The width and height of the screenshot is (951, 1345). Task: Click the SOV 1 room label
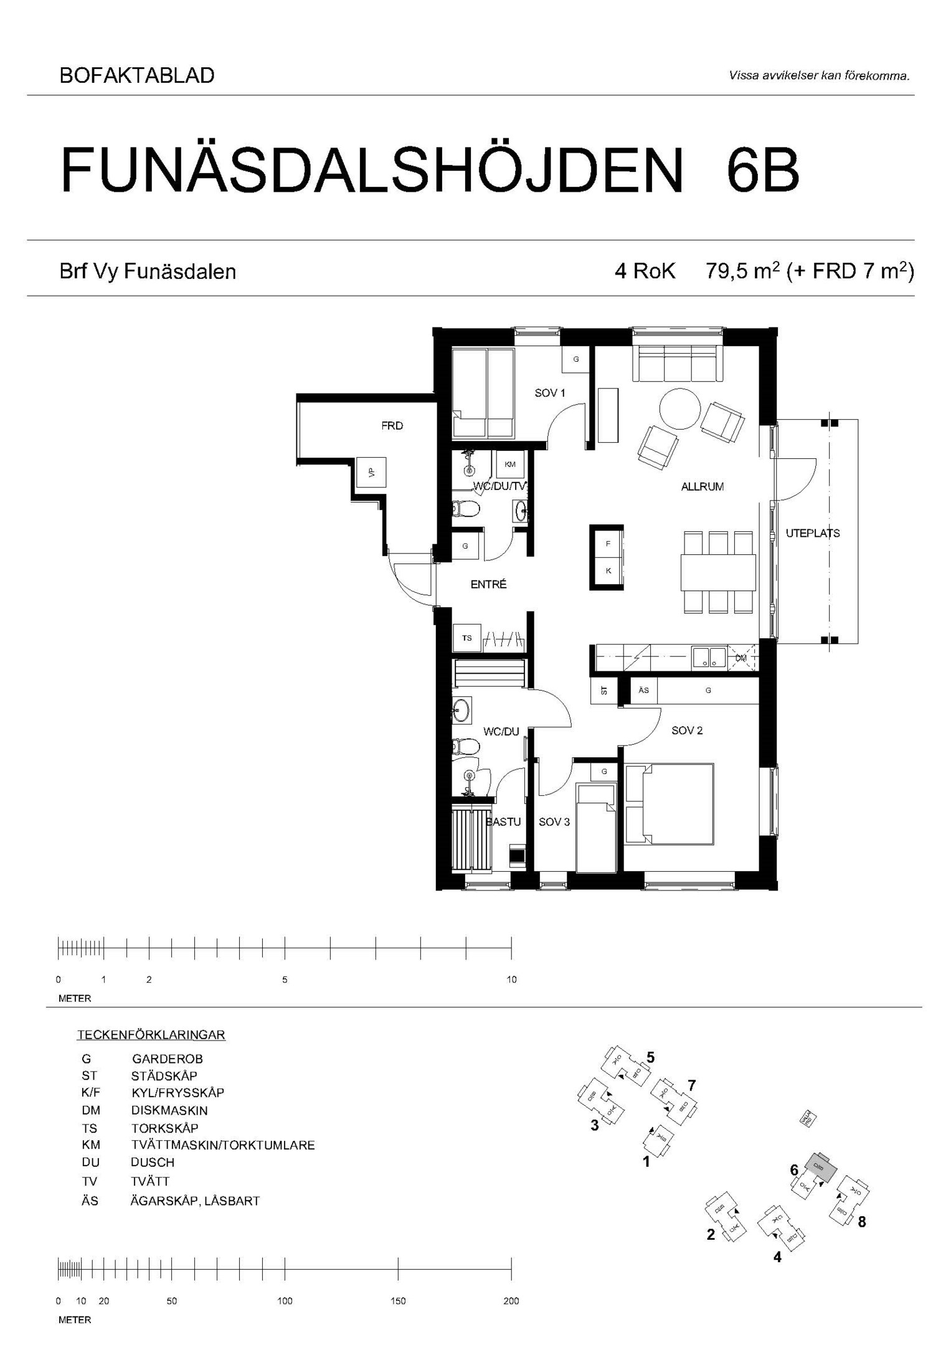click(549, 393)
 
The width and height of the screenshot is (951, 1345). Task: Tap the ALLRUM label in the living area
click(702, 487)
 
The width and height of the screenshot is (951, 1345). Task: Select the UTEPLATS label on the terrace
click(812, 533)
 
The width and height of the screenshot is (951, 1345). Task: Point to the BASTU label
click(503, 822)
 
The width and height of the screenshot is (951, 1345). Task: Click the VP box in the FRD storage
click(372, 473)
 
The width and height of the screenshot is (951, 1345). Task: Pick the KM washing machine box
click(510, 465)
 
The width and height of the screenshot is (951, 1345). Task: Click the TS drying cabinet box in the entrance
click(466, 638)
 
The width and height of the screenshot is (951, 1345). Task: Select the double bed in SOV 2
click(669, 804)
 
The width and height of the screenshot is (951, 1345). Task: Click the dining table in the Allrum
click(718, 572)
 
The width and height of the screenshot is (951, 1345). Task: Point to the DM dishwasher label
click(740, 658)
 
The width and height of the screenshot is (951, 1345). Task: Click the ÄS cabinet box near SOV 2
click(643, 690)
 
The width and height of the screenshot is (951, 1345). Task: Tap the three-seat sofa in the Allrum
click(678, 364)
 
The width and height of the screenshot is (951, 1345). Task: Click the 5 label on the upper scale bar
click(285, 979)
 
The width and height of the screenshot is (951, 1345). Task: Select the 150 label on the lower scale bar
click(398, 1301)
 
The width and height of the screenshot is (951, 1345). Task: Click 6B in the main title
click(762, 170)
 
